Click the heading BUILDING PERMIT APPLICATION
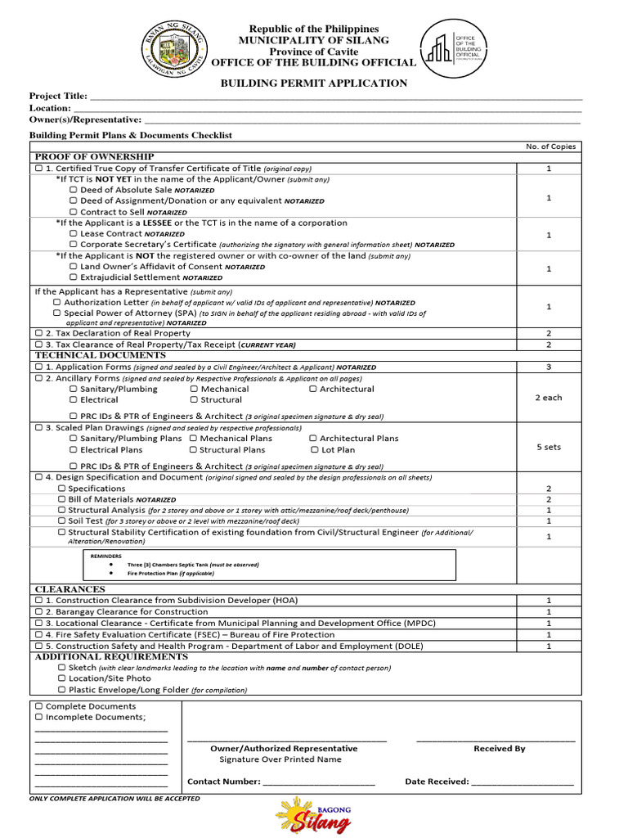tap(314, 83)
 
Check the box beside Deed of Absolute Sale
tap(74, 190)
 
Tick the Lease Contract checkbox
tap(74, 234)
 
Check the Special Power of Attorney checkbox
tap(57, 313)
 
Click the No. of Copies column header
tap(550, 146)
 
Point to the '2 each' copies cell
tap(549, 398)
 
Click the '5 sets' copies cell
tap(549, 448)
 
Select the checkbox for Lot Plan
tap(315, 450)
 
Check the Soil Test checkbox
tap(62, 520)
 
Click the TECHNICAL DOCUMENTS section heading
tap(100, 356)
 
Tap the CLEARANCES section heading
tap(70, 589)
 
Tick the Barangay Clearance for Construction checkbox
tap(39, 612)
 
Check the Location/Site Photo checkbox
tap(62, 678)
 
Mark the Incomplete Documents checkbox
tap(39, 718)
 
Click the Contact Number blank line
tap(319, 782)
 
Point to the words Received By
tap(499, 749)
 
